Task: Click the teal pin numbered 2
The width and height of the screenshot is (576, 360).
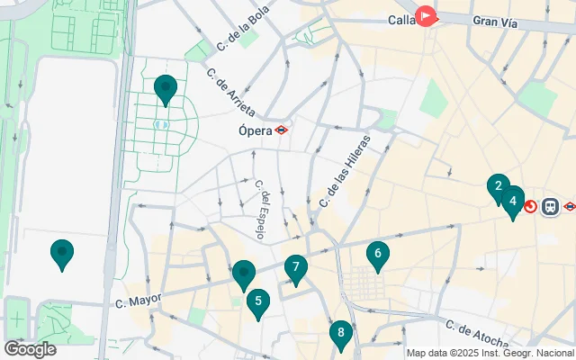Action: click(497, 188)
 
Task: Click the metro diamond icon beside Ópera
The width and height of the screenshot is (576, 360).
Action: click(282, 130)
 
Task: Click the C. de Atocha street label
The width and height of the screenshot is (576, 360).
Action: click(477, 332)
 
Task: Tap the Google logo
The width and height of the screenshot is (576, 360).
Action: click(30, 349)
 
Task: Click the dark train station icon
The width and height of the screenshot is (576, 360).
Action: click(549, 207)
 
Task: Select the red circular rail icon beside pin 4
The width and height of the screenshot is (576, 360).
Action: click(530, 207)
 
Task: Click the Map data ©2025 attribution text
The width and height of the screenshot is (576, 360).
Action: click(490, 353)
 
